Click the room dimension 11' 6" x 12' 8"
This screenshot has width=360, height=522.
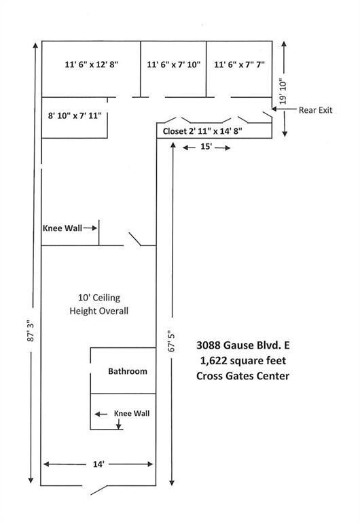92,65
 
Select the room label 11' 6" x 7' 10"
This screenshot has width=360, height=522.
174,65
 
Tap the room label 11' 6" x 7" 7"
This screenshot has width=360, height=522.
239,65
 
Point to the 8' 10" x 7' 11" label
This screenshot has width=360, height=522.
75,116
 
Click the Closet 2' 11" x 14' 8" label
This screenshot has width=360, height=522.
202,131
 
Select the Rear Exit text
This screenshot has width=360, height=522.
315,110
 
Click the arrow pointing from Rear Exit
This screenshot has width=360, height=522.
284,109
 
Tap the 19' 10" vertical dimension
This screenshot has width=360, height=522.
283,91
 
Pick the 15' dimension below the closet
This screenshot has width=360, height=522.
206,147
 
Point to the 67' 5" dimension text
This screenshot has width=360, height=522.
172,341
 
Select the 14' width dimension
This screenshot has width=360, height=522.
98,464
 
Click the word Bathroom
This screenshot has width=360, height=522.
128,371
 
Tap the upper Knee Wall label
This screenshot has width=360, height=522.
62,228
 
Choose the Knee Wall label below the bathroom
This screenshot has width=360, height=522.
132,413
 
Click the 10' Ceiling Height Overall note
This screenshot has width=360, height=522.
98,304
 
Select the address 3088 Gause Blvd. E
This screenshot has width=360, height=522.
243,345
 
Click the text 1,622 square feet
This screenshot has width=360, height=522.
243,360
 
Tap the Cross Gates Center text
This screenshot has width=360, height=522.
243,376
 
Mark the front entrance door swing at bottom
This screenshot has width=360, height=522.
98,490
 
